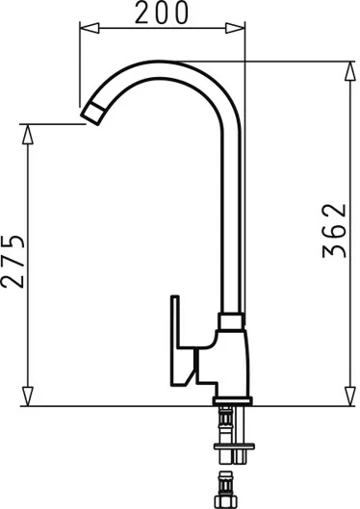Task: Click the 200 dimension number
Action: (162, 13)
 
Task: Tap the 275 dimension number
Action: (13, 261)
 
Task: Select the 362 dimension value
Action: (334, 231)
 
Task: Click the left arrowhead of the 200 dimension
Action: (90, 28)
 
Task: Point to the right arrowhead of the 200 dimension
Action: (235, 28)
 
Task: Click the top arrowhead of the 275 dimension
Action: (28, 134)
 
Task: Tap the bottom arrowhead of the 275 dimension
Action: (28, 396)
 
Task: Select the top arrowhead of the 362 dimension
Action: (350, 71)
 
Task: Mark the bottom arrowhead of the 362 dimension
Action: (350, 396)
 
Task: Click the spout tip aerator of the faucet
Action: (92, 113)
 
